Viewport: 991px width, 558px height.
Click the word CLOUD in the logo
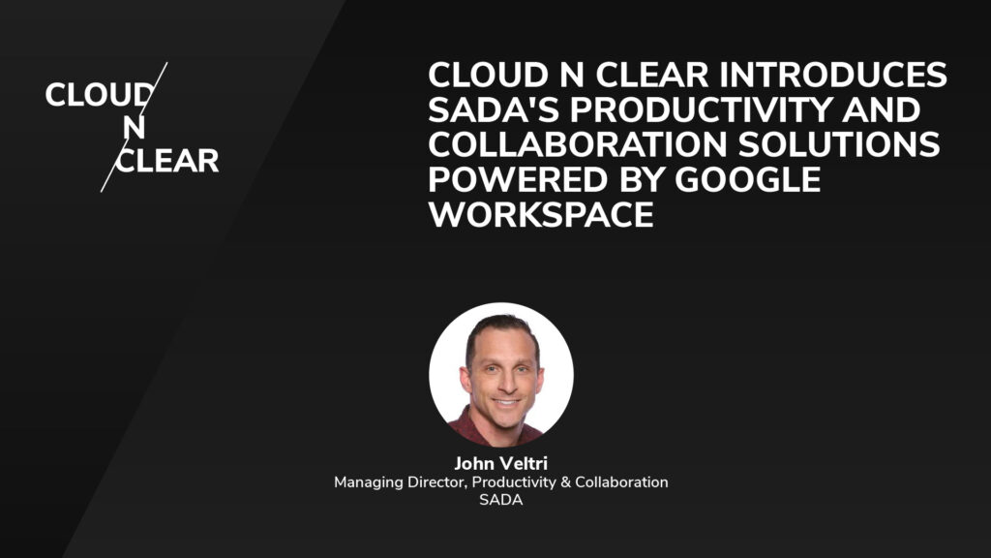pos(98,95)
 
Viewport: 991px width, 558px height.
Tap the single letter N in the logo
pos(135,128)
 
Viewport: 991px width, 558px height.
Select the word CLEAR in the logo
pos(167,160)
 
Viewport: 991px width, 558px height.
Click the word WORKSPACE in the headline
pos(541,215)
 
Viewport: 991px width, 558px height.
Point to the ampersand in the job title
pos(565,481)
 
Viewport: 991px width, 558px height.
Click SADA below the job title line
pos(500,500)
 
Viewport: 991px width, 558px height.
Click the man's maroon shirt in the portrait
pos(474,426)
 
